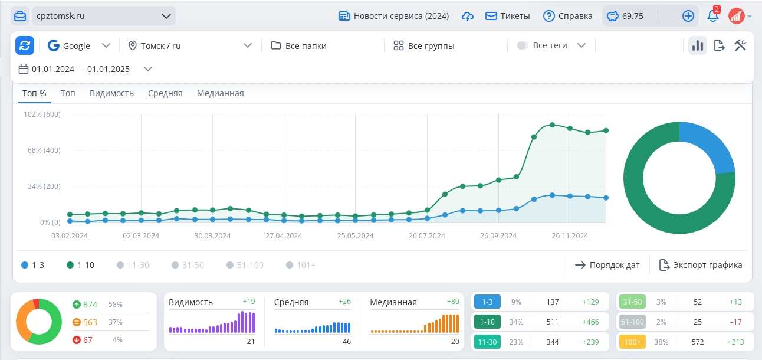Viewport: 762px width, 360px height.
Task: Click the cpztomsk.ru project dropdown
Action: coord(103,16)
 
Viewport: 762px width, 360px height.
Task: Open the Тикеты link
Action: coord(508,16)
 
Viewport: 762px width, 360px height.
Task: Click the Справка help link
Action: coord(568,16)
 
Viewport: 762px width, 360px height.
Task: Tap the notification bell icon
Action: coord(712,16)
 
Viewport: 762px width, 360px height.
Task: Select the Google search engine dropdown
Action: coord(79,45)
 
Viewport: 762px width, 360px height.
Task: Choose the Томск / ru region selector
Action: coord(190,45)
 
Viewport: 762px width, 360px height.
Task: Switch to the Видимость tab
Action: coord(111,93)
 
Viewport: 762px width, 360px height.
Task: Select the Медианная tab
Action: coord(221,93)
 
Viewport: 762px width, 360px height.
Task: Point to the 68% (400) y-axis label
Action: coord(44,150)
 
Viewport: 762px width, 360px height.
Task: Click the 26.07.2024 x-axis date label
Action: coord(426,236)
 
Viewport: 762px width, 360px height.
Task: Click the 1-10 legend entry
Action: coord(81,265)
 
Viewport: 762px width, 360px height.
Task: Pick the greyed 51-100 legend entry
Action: coord(245,265)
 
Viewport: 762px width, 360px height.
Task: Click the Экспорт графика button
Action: coord(701,265)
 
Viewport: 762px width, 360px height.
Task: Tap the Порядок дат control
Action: coord(607,265)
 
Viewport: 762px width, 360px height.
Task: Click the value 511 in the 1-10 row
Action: coord(553,322)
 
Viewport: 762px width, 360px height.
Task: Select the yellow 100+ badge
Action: coord(632,342)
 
